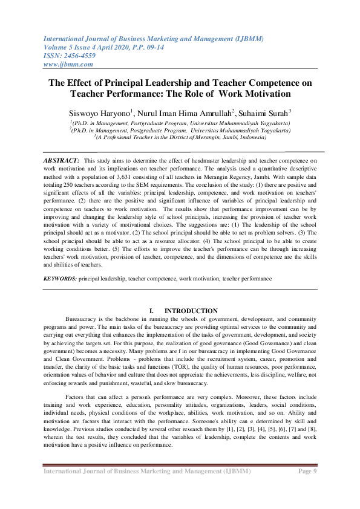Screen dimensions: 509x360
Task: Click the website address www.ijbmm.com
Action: point(68,64)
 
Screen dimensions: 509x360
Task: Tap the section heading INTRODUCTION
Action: point(191,311)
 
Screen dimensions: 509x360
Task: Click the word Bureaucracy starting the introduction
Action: point(82,319)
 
